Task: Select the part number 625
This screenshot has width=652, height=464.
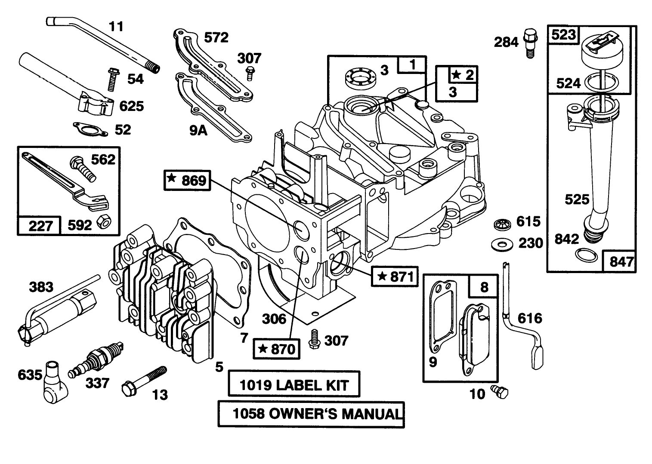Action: (x=132, y=106)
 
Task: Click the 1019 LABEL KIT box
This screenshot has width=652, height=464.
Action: (x=294, y=384)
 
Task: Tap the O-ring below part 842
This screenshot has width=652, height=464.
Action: (x=586, y=256)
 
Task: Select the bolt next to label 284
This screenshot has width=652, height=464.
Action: (x=529, y=42)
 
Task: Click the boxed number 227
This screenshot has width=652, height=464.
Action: (x=40, y=225)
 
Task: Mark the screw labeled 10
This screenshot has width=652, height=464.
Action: (x=501, y=391)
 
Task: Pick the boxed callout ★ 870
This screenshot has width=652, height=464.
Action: (x=276, y=348)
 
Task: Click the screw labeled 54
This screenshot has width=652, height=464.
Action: (x=110, y=79)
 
